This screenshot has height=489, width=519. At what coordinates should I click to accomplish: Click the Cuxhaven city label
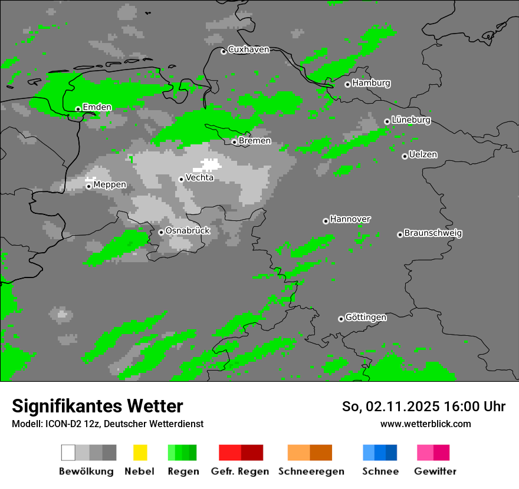tap(248, 49)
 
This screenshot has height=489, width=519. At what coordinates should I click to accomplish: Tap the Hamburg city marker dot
tap(347, 84)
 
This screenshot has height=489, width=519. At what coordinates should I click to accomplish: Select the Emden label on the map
tap(97, 107)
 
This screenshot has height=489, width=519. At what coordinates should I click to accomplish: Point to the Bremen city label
tap(255, 141)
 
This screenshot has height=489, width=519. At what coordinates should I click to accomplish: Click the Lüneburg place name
tap(411, 120)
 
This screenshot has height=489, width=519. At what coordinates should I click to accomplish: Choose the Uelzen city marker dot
tap(405, 156)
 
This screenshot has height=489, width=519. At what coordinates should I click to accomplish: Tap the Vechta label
tap(199, 177)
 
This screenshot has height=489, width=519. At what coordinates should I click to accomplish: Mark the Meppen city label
tap(110, 185)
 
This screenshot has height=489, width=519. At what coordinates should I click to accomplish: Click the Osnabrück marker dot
tap(161, 232)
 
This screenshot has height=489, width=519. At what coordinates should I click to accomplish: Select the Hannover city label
tap(350, 219)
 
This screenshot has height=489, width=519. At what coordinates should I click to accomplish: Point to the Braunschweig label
tap(433, 233)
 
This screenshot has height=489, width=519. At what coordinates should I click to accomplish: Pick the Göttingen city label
tap(366, 318)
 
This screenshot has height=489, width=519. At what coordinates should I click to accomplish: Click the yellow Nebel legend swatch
tap(140, 452)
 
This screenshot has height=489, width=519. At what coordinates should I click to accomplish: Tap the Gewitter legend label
tap(435, 471)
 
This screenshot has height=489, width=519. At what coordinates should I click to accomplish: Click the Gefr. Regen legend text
tap(240, 471)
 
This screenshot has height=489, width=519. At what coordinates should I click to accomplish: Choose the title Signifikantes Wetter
tap(97, 406)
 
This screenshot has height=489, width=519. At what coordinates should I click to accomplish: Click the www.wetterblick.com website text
tap(425, 424)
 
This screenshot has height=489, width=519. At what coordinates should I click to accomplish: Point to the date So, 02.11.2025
tap(390, 407)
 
